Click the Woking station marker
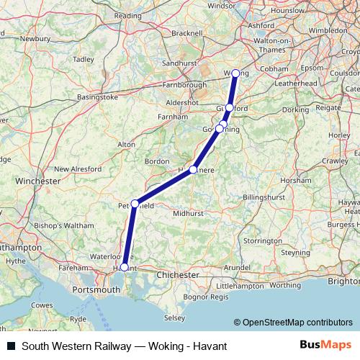pos(235,73)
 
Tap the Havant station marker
pos(124,267)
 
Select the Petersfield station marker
pos(135,204)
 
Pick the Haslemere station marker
pos(193,169)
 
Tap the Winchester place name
pos(37,181)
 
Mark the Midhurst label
pos(189,214)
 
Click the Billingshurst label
pos(265,196)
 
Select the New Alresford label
pos(81,168)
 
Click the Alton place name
pos(127,145)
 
